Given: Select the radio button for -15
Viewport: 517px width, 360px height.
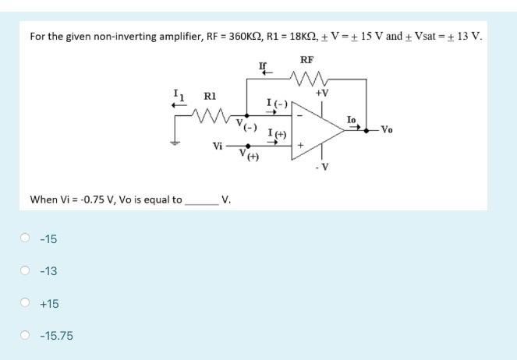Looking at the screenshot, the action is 26,238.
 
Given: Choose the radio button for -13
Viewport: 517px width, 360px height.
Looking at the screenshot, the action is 26,271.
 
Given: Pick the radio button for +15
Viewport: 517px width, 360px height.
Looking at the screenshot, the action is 26,304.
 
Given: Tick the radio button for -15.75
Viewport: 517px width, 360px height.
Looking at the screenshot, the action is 26,336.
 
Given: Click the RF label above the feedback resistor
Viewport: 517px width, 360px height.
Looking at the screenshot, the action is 306,59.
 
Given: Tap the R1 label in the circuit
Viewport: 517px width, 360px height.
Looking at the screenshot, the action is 209,97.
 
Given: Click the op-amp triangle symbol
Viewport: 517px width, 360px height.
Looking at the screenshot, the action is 316,129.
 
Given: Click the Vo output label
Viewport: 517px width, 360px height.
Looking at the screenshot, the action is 387,130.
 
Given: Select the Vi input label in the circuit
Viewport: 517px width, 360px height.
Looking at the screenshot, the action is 218,146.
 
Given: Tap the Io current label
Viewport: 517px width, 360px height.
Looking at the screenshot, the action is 352,119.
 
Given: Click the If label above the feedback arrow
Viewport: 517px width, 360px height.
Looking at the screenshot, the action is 264,64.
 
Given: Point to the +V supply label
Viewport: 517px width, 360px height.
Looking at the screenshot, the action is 322,93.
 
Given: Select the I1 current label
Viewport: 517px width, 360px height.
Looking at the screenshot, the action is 179,95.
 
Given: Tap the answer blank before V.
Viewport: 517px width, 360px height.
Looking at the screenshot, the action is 201,199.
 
